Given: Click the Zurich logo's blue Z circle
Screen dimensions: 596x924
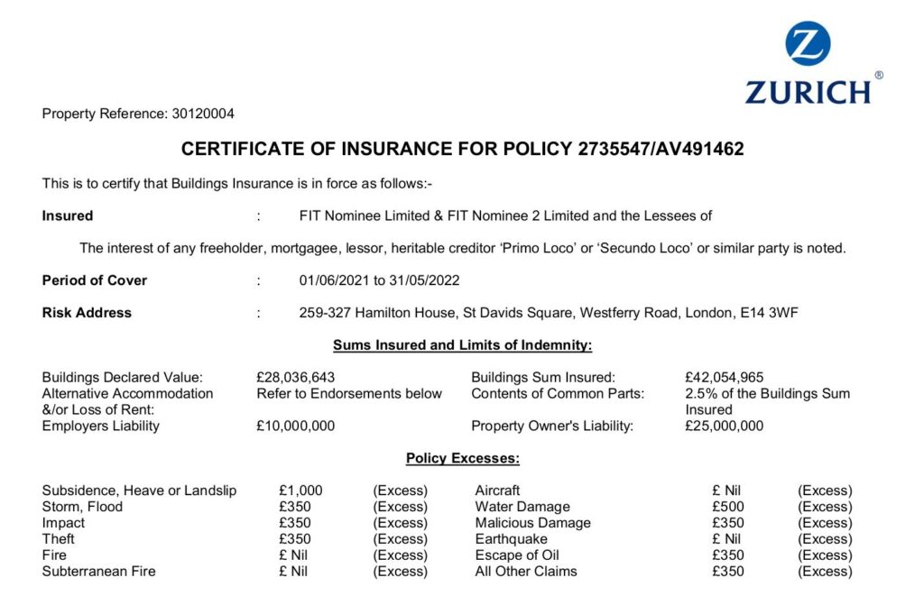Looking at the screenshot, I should (x=808, y=44).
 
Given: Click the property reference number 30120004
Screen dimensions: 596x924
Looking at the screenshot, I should (x=203, y=114).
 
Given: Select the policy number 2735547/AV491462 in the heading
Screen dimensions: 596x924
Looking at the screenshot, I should (x=661, y=150).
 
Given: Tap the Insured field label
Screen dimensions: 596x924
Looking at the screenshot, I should (x=68, y=215).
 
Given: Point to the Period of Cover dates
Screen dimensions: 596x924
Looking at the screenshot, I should (x=379, y=280).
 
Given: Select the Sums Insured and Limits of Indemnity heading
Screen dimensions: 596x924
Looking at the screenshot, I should (x=462, y=345).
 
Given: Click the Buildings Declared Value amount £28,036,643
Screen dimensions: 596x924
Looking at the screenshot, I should (x=296, y=378).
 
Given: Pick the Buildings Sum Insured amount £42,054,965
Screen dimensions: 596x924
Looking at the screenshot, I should (x=725, y=378).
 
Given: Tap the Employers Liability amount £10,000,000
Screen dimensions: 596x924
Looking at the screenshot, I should (x=296, y=426).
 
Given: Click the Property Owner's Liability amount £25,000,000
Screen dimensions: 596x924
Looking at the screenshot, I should (x=725, y=426).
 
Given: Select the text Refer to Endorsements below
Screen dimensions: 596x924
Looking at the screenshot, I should (x=349, y=393).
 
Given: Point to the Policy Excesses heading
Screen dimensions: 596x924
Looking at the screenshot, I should (x=462, y=458).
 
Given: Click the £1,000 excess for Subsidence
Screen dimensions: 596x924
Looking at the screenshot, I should (x=300, y=491).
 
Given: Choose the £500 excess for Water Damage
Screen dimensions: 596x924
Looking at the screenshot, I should (x=726, y=507).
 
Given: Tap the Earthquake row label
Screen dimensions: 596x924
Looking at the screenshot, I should (x=510, y=539).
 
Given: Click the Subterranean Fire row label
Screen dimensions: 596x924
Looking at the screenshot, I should (x=98, y=571).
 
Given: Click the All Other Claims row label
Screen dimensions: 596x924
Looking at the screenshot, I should (x=526, y=571).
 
